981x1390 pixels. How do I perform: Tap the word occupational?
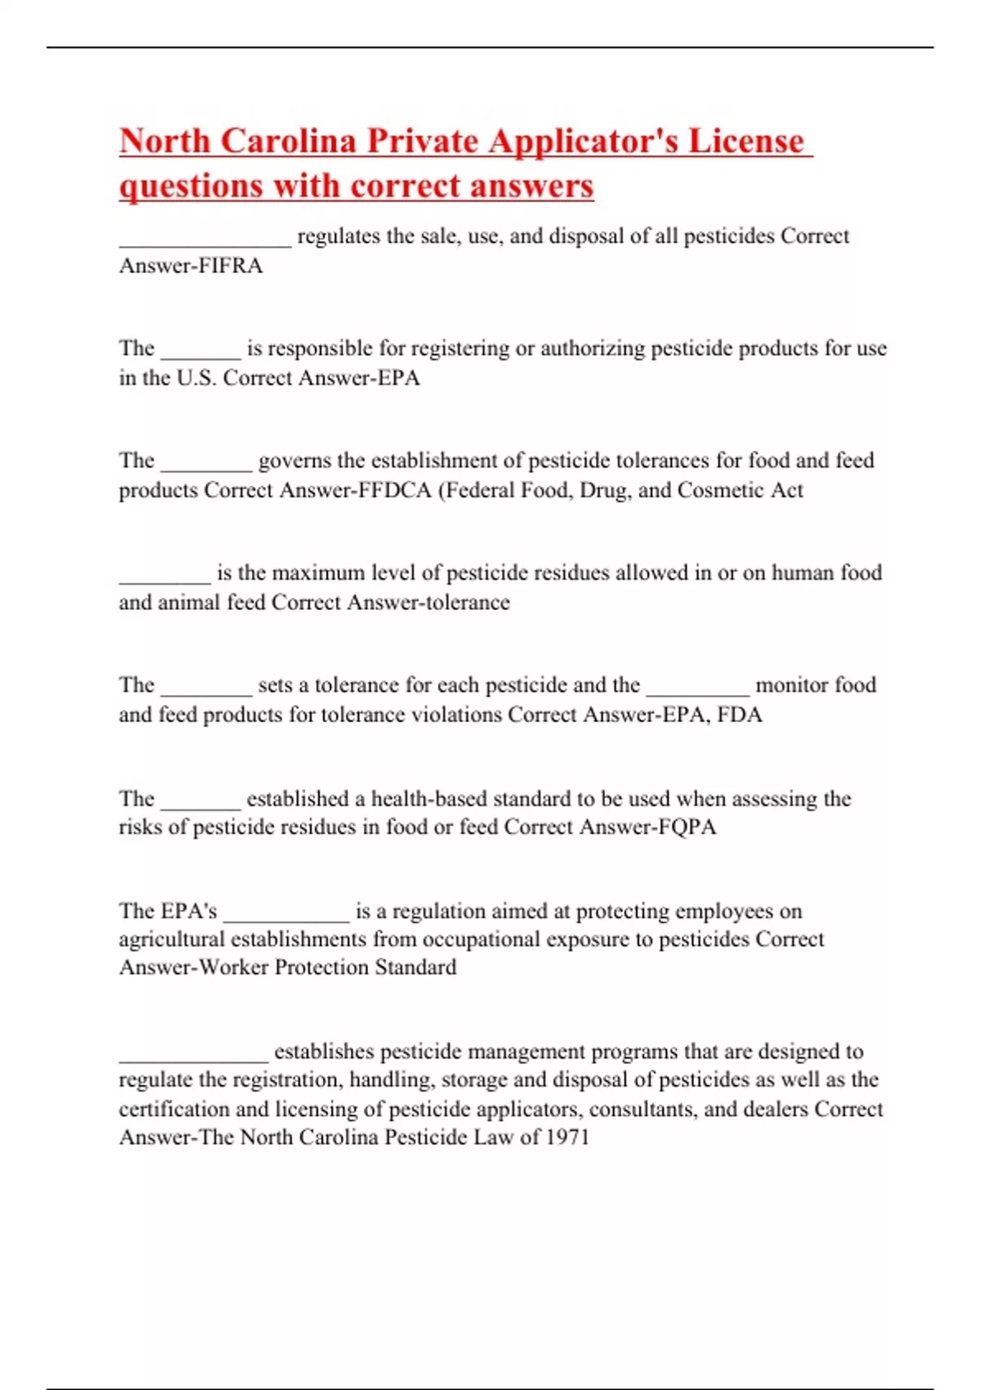[479, 939]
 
